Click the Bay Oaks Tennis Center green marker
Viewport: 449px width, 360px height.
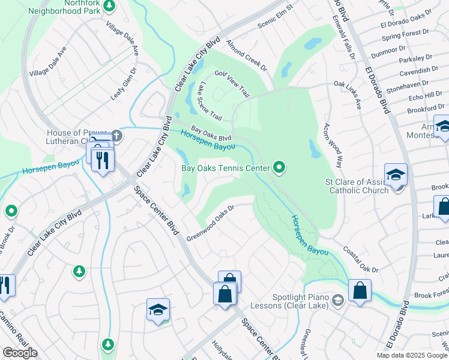pos(279,167)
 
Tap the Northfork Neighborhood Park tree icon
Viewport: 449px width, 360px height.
pos(109,6)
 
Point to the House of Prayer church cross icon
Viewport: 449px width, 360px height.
pos(116,136)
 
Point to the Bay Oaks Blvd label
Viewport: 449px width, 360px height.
pos(211,133)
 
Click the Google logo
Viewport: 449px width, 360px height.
pos(20,353)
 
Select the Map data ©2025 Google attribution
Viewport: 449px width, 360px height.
pos(412,355)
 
